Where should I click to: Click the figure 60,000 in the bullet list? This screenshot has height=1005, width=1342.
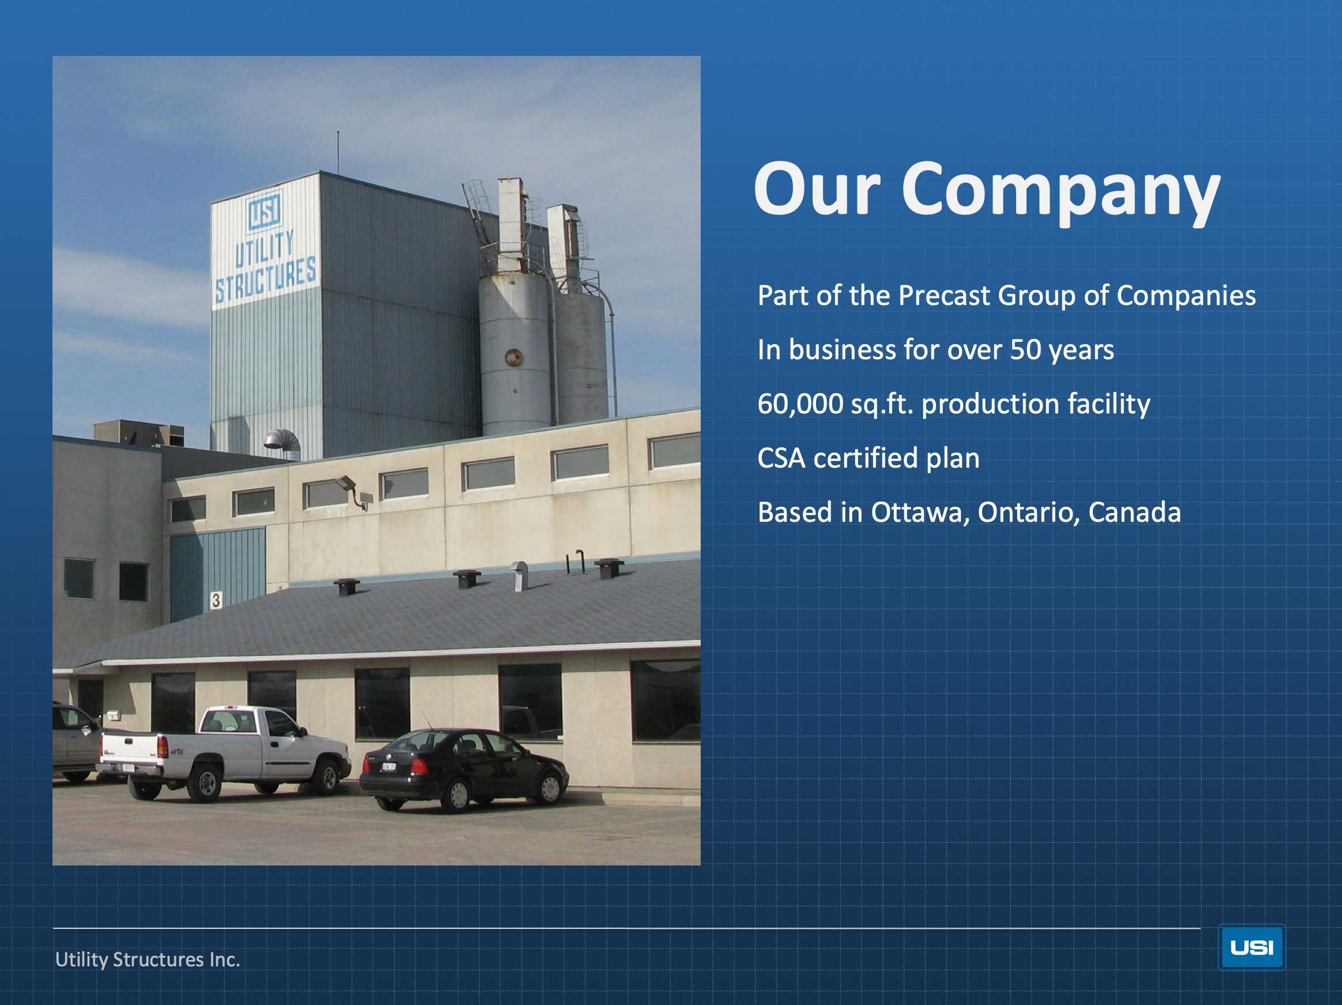click(800, 405)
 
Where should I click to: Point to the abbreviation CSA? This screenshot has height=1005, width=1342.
click(781, 458)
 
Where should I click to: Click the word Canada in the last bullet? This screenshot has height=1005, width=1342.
click(1134, 513)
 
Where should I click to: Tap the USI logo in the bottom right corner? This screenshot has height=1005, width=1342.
click(1251, 947)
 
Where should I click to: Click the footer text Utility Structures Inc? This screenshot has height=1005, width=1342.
click(148, 959)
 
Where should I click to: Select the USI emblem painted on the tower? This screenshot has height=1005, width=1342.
click(265, 210)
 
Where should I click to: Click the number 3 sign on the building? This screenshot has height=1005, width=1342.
click(215, 600)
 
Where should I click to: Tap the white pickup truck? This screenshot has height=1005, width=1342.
click(224, 752)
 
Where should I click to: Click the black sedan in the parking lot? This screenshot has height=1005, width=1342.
click(464, 770)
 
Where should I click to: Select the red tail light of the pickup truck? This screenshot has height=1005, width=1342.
click(162, 747)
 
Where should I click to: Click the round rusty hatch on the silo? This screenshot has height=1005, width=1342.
click(514, 357)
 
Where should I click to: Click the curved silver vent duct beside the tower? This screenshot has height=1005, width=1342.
click(283, 443)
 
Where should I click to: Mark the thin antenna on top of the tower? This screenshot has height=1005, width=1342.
click(338, 152)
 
